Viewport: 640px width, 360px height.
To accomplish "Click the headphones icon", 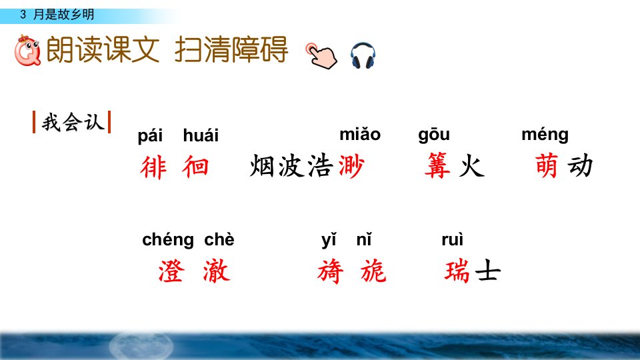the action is pos(363,55).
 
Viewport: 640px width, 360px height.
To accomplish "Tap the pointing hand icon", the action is pos(321,55).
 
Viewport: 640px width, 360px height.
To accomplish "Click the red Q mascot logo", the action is pos(27,50).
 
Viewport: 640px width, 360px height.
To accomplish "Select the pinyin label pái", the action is pos(150,136).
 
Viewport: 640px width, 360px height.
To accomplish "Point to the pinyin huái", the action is pos(201,135).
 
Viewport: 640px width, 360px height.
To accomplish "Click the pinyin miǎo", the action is pos(360,134).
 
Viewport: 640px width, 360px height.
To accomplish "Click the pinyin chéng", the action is pos(168,240).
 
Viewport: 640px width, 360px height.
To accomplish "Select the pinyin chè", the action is pos(219,239).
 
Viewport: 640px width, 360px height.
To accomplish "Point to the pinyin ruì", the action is pos(452,239).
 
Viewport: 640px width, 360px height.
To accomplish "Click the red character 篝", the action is pos(437,166).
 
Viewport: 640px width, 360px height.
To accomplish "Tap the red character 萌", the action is pos(547,165).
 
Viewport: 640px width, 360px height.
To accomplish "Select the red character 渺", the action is pos(351,166).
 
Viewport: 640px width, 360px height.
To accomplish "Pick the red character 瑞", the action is pos(457,271).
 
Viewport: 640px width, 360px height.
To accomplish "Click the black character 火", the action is pos(471,166).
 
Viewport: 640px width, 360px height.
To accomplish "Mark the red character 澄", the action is pos(171,271).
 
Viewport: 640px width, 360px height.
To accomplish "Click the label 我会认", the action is pos(72,122).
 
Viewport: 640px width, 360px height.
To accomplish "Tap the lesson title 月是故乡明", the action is pos(64,15).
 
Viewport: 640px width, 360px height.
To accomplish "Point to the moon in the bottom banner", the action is pos(141,345).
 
